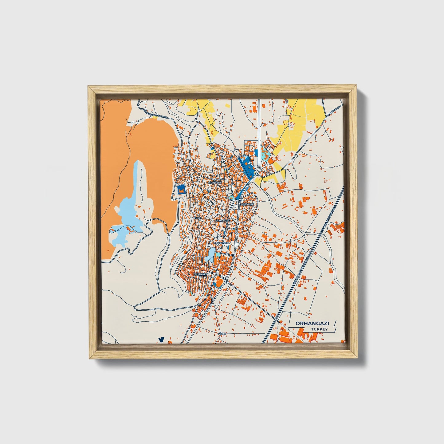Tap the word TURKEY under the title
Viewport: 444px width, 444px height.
point(319,329)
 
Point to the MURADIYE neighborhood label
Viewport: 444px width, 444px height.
point(247,204)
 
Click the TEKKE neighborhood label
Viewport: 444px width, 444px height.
point(197,218)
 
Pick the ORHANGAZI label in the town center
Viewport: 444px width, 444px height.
point(223,220)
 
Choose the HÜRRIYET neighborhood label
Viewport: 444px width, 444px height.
point(201,273)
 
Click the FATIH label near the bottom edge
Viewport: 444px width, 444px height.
point(222,333)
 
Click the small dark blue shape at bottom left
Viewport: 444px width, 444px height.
point(161,340)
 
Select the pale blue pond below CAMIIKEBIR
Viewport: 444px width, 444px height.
point(211,255)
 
